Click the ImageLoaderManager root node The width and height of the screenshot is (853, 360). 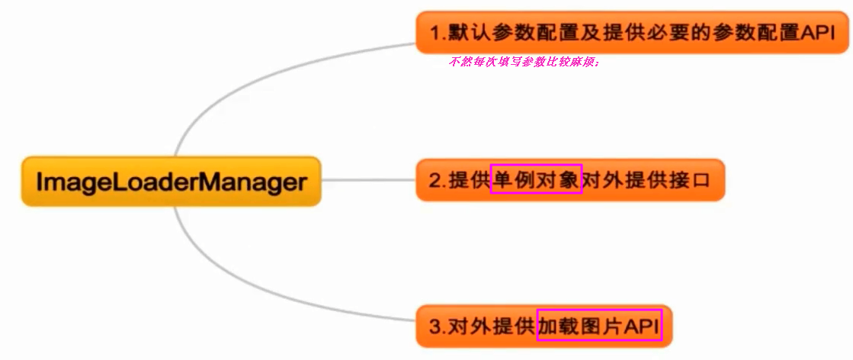tap(171, 182)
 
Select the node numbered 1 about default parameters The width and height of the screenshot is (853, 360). tap(632, 33)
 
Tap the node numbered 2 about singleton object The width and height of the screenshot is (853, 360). tap(569, 181)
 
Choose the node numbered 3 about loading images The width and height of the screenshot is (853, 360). tap(545, 326)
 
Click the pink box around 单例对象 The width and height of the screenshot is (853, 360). tap(537, 178)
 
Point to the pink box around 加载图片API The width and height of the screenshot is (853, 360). tap(599, 326)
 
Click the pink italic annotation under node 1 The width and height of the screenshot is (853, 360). tap(525, 62)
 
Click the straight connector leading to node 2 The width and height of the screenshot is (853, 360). tap(368, 181)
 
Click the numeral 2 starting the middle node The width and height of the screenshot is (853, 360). tap(435, 181)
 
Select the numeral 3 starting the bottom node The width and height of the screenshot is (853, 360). tap(435, 327)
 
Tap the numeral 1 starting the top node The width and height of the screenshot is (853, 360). tap(435, 34)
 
